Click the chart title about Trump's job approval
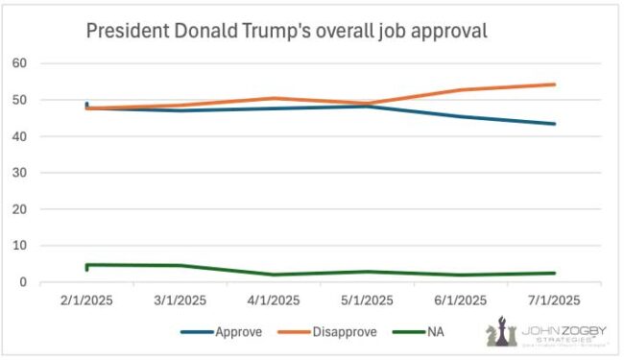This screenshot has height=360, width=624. pyautogui.click(x=287, y=30)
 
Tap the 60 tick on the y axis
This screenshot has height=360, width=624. pyautogui.click(x=19, y=63)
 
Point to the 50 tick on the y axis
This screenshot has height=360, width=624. pyautogui.click(x=19, y=100)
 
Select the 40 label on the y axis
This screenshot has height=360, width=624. pyautogui.click(x=19, y=136)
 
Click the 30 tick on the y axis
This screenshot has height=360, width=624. pyautogui.click(x=19, y=173)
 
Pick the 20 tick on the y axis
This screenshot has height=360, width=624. pyautogui.click(x=19, y=209)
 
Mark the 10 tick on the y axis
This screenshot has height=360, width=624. pyautogui.click(x=19, y=246)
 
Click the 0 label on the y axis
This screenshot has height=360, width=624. pyautogui.click(x=22, y=282)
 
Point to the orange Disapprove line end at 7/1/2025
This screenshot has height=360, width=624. pyautogui.click(x=555, y=84)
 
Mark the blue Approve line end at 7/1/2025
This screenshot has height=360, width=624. pyautogui.click(x=555, y=124)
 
